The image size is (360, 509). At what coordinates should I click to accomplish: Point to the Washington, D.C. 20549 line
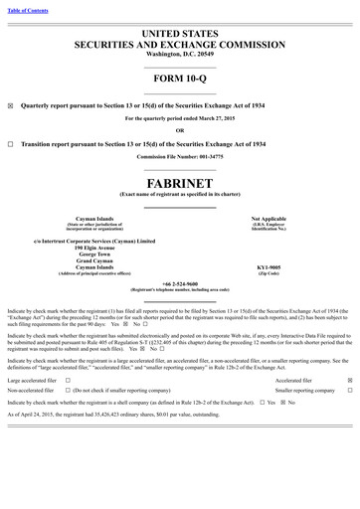click(180, 52)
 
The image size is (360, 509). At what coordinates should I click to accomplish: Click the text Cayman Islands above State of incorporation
click(93, 217)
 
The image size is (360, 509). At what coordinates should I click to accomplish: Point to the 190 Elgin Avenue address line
click(93, 247)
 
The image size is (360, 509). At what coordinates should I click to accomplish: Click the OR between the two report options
click(180, 130)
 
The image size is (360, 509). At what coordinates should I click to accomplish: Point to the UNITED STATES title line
click(180, 33)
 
